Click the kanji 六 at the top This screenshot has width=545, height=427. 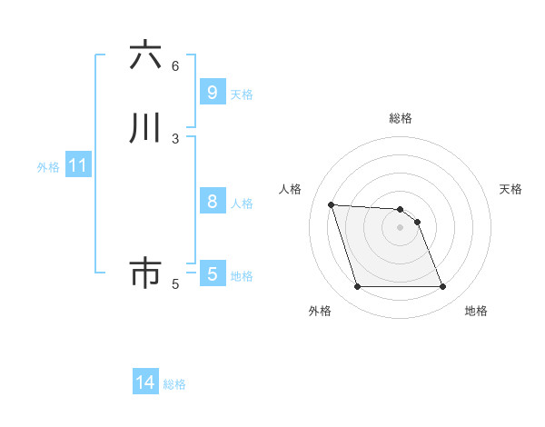145,56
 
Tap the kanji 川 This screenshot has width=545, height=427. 145,128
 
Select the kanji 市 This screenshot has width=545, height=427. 145,273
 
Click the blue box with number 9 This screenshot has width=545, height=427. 212,92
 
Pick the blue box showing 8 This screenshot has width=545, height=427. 212,201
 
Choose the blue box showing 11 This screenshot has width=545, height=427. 77,166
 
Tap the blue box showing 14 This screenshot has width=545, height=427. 145,382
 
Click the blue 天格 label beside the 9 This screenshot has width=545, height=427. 242,94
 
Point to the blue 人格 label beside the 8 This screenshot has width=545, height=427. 242,203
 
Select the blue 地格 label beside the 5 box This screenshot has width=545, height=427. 242,275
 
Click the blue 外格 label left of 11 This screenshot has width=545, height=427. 48,167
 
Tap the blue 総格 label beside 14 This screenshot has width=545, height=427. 174,384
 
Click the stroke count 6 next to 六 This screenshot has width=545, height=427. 175,65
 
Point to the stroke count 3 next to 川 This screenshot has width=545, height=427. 175,138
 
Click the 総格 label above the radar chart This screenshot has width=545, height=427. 401,118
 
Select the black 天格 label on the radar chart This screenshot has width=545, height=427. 511,189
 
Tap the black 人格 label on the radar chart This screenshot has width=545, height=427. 290,189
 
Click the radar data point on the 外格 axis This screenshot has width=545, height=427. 357,287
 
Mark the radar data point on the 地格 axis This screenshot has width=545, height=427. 443,287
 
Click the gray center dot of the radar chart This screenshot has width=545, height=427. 400,227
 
